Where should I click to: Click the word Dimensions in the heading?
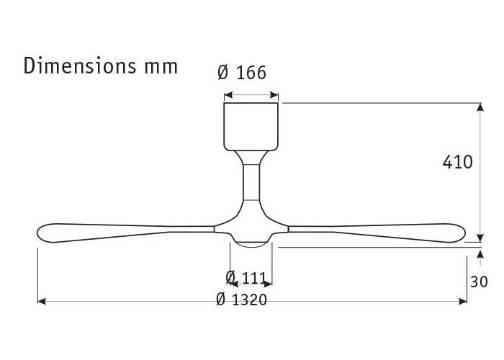[80, 66]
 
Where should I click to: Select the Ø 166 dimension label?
[242, 72]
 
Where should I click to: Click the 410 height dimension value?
[457, 162]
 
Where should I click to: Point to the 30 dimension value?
[479, 282]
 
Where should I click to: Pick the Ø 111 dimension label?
[246, 277]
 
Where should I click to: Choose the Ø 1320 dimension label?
[241, 300]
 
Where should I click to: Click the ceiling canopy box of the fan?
[251, 127]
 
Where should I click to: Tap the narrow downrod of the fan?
[251, 182]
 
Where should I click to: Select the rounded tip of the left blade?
[43, 232]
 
